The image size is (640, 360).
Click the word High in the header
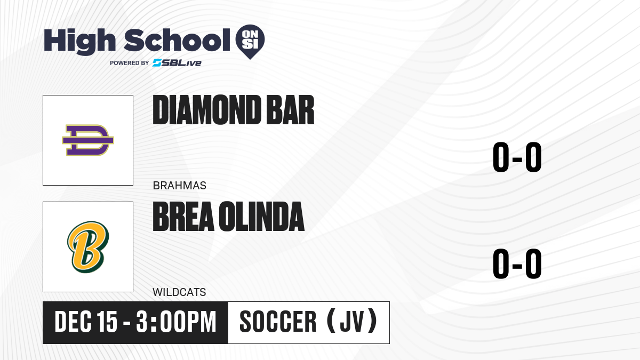click(x=80, y=42)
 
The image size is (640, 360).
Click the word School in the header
click(x=177, y=40)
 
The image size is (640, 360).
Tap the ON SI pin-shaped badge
click(x=250, y=42)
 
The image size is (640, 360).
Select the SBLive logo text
click(x=177, y=63)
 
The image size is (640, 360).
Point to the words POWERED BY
click(x=130, y=63)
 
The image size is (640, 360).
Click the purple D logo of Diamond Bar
click(x=88, y=140)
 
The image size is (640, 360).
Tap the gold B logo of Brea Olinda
click(x=88, y=247)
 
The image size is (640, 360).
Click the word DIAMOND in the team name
click(x=207, y=110)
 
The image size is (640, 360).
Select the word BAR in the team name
click(x=290, y=110)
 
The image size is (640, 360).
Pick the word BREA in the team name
click(x=183, y=217)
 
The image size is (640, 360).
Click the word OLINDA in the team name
click(x=262, y=217)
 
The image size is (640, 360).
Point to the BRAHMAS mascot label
click(x=179, y=186)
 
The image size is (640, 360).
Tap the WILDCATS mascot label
click(x=179, y=292)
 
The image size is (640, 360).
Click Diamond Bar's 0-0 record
click(x=517, y=157)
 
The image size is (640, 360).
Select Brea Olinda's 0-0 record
click(x=517, y=263)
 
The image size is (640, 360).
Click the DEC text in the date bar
click(x=73, y=322)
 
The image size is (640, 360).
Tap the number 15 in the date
click(x=107, y=322)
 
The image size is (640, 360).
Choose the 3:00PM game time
click(x=176, y=322)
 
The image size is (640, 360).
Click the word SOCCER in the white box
click(x=278, y=322)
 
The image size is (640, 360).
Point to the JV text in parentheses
click(x=353, y=322)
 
